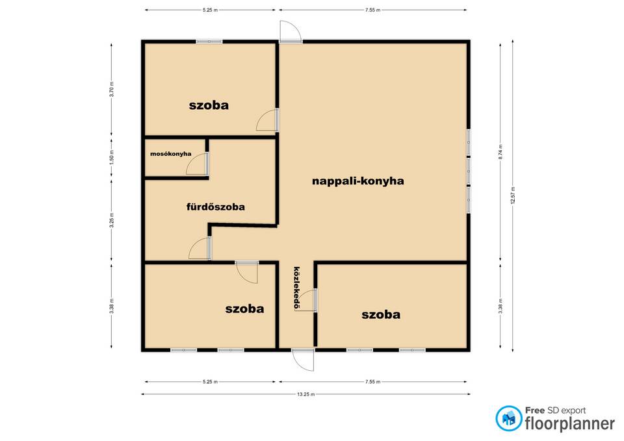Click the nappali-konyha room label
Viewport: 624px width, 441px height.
coord(357,181)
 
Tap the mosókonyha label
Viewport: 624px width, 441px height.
coord(171,154)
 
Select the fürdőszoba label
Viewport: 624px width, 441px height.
coord(216,207)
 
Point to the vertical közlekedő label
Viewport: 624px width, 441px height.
coord(296,288)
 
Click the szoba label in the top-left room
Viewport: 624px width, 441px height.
coord(209,105)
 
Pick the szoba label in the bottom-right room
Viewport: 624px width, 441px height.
coord(381,315)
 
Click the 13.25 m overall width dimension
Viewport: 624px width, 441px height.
coord(305,394)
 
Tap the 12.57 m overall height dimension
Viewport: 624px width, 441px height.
coord(513,195)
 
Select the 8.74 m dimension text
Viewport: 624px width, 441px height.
coord(500,152)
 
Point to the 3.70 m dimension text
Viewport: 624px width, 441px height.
coord(112,90)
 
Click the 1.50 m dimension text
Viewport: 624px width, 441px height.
coord(112,157)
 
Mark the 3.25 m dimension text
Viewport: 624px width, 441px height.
coord(112,220)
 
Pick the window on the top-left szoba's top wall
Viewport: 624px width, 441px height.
coord(209,42)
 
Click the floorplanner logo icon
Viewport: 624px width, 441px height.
coord(508,419)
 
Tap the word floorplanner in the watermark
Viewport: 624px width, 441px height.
coord(570,424)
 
